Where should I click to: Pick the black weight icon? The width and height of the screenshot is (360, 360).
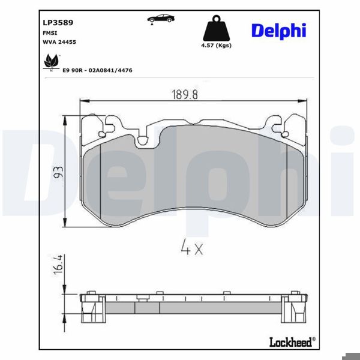click(216, 28)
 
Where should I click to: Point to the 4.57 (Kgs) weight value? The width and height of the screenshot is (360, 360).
click(216, 46)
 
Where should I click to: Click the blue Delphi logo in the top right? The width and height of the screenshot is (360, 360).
click(278, 30)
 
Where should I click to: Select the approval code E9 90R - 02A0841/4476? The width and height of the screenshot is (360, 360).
click(97, 70)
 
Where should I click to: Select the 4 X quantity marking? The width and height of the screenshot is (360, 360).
click(191, 247)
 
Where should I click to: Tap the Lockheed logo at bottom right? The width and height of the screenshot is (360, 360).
click(291, 342)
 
